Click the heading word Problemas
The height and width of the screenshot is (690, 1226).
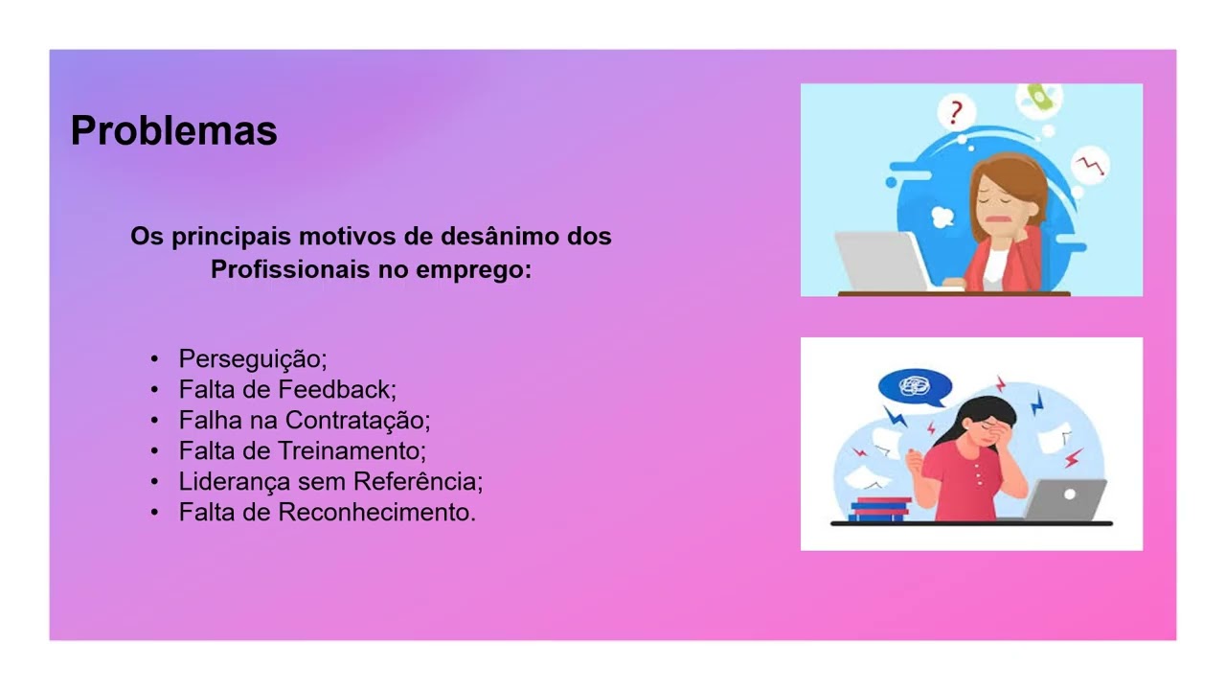coord(173,131)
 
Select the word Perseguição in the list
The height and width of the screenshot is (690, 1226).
coord(252,359)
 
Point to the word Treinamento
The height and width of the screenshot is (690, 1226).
coord(351,451)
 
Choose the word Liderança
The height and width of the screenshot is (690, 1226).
coord(234,482)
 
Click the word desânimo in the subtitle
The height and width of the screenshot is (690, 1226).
coord(492,237)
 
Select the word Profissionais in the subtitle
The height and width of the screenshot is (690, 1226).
coord(281,270)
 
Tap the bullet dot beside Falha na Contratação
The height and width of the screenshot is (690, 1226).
coord(154,421)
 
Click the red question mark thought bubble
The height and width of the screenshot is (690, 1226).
coord(955,113)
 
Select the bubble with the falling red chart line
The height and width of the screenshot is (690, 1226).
coord(1090,166)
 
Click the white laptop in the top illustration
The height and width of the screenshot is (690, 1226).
coord(881,260)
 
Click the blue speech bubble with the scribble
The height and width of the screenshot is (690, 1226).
coord(914,388)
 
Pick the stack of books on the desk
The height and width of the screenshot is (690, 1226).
coord(880,509)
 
